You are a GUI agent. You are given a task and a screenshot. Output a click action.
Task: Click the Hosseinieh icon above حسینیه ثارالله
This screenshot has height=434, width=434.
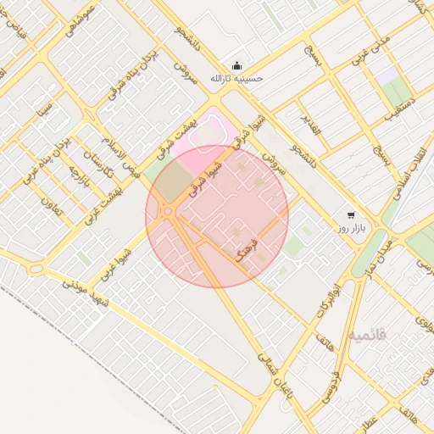point(236,67)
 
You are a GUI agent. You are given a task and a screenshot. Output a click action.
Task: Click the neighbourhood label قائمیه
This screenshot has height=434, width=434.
point(367,335)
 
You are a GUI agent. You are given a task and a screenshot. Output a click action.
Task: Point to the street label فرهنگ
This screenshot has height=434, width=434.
point(245,253)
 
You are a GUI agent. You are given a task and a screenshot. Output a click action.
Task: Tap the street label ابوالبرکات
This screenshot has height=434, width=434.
point(330,300)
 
